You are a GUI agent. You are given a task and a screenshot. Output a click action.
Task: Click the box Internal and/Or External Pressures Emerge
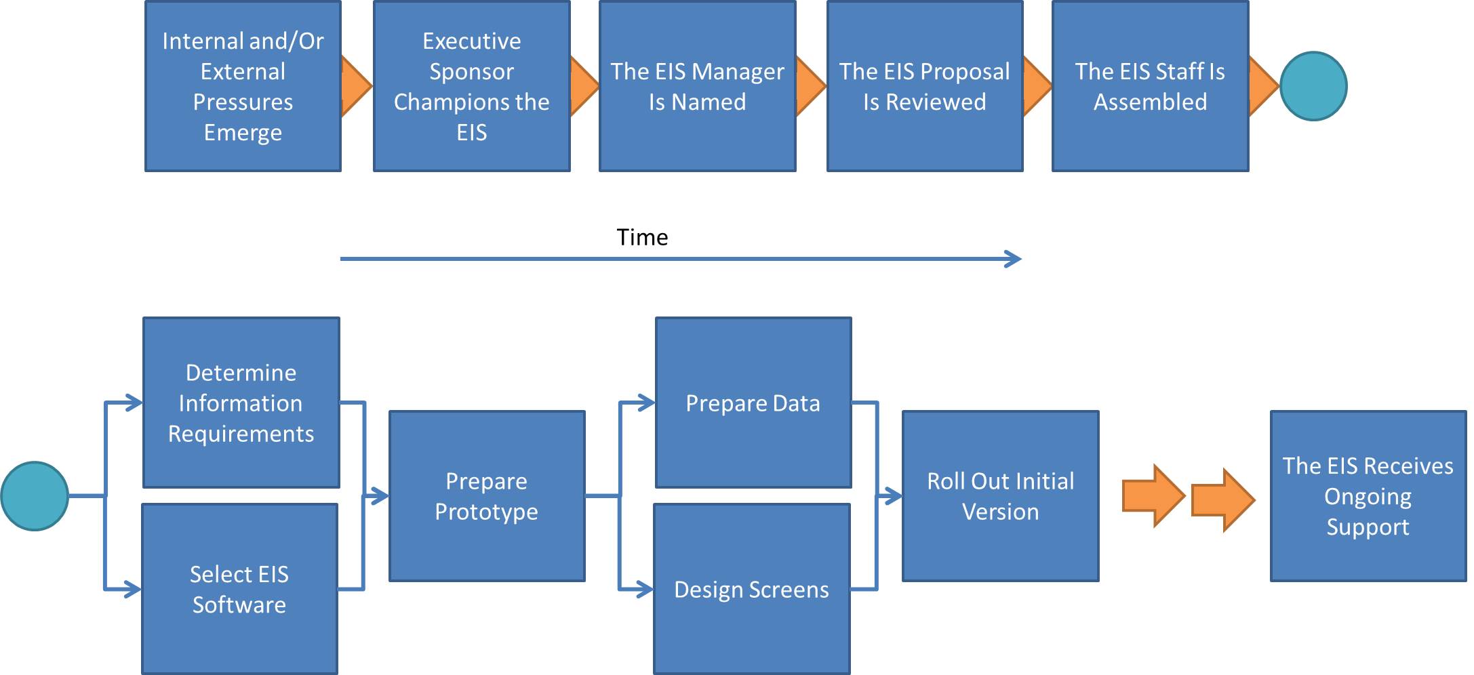point(243,86)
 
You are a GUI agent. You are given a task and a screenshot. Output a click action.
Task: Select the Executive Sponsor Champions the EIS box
point(472,86)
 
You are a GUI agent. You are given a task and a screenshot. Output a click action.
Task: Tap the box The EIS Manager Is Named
point(698,86)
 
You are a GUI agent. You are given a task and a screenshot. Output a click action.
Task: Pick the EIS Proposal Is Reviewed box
point(925,86)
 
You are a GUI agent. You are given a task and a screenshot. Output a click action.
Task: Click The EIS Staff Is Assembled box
point(1151,86)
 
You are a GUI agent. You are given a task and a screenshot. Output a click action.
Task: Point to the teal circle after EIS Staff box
point(1313,86)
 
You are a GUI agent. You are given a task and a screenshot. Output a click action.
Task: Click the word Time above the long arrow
point(642,237)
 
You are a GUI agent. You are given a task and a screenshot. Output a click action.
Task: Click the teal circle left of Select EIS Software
point(35,496)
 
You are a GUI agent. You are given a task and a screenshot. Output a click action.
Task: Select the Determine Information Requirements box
point(241,403)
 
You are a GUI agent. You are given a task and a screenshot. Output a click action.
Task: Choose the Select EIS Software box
point(240,589)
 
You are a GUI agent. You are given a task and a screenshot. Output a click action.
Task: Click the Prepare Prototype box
point(487,496)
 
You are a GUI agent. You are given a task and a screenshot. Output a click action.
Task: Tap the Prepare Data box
point(753,403)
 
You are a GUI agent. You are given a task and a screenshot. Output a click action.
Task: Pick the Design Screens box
point(752,589)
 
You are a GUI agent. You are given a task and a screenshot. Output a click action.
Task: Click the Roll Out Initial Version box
point(1001,496)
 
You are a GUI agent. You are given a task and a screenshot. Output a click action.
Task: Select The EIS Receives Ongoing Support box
point(1368,496)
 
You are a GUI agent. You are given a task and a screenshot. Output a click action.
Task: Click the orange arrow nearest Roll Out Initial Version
point(1153,496)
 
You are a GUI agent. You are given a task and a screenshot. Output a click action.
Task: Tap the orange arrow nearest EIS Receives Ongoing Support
point(1223,500)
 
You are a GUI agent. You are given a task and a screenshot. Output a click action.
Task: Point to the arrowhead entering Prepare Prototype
point(380,496)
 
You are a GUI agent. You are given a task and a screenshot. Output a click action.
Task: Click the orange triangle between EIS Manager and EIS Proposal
point(810,86)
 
